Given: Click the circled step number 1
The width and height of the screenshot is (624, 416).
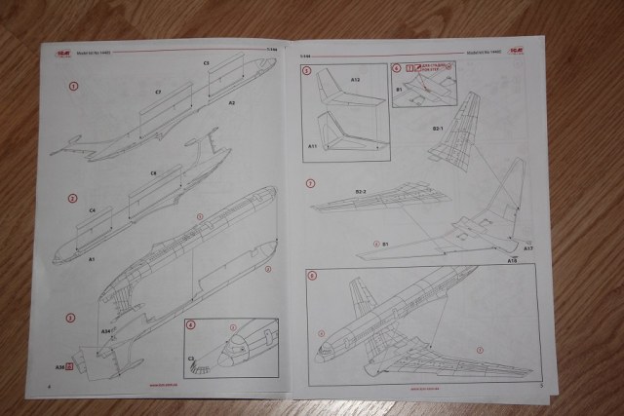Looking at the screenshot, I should [x=72, y=86].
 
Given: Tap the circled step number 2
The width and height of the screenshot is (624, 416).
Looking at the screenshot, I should [x=72, y=198].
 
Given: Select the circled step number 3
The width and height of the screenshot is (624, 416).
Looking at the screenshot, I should [x=71, y=318].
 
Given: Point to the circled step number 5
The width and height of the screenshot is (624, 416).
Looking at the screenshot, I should [x=306, y=70].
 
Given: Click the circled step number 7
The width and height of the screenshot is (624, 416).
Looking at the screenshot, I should [x=310, y=183].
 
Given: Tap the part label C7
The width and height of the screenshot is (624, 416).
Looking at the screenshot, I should [x=158, y=93].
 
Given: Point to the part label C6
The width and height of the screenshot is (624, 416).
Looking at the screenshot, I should [x=154, y=173].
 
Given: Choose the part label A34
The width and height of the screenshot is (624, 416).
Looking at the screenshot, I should [x=104, y=331].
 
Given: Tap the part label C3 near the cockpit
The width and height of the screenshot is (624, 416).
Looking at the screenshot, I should [x=191, y=359].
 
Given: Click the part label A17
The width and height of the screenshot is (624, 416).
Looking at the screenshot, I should [x=526, y=248].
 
